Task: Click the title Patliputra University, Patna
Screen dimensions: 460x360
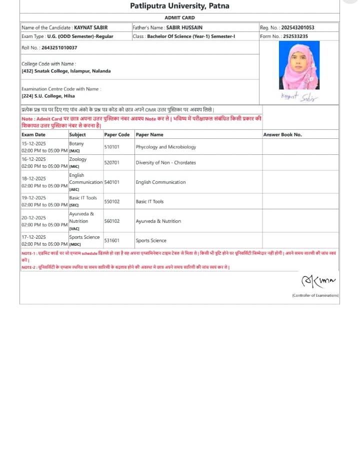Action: [179, 6]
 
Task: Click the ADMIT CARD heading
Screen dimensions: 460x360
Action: [179, 17]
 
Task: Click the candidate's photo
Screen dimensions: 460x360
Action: [299, 65]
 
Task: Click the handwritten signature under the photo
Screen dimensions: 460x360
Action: [299, 97]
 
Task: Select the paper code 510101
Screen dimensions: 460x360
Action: [111, 147]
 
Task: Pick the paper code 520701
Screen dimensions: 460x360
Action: [111, 162]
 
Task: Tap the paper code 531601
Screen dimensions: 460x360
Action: [111, 240]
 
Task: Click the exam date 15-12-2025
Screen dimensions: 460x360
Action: [33, 143]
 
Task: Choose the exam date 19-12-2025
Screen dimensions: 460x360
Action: [33, 198]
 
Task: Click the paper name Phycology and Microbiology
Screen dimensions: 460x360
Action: [166, 147]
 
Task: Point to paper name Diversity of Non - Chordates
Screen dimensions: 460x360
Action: [166, 162]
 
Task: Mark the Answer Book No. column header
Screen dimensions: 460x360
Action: [282, 134]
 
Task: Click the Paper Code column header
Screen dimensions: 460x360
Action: [117, 134]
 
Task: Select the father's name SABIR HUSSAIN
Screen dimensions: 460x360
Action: [185, 27]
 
